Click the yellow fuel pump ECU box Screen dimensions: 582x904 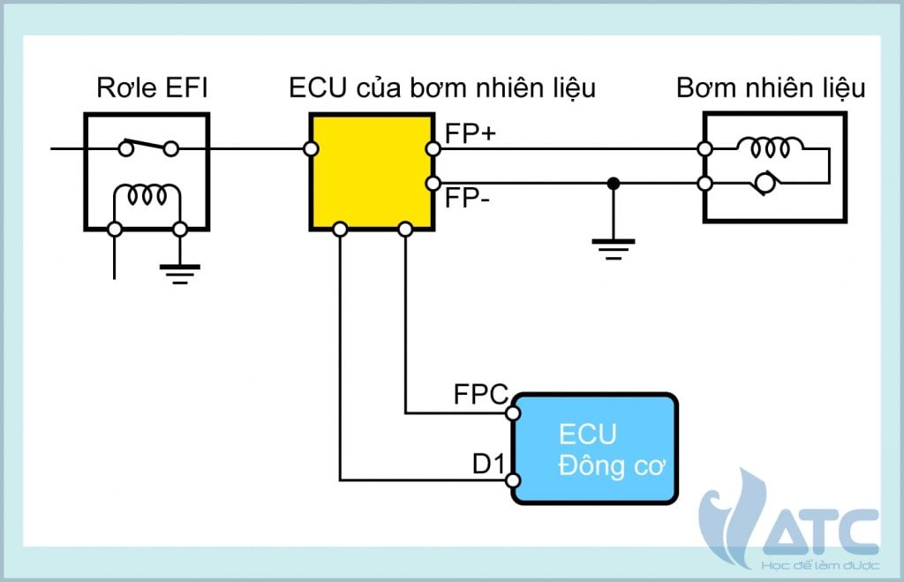click(x=371, y=171)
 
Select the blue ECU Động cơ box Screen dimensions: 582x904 click(x=594, y=450)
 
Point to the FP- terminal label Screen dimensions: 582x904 click(x=466, y=197)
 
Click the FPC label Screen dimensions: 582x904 click(x=479, y=393)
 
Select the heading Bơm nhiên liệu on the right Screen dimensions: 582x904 click(x=771, y=89)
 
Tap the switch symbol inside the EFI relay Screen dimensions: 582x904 click(x=147, y=146)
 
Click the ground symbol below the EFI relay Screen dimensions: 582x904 click(x=180, y=271)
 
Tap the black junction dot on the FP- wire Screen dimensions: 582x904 click(x=614, y=184)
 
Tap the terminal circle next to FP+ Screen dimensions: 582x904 click(x=433, y=149)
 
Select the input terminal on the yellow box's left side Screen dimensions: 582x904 click(x=311, y=149)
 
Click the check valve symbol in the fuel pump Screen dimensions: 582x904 click(x=765, y=185)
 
